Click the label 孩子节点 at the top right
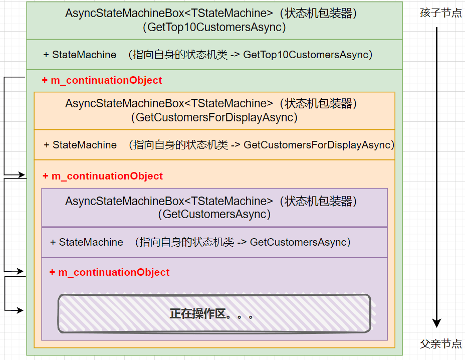click(x=441, y=13)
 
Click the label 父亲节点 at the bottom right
click(x=441, y=344)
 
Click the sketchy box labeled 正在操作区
click(x=214, y=314)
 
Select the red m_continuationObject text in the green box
click(x=106, y=80)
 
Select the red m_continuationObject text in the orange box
click(x=107, y=176)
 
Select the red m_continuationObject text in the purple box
click(x=114, y=272)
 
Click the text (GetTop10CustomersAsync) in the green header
click(x=214, y=28)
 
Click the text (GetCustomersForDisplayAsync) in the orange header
click(x=214, y=118)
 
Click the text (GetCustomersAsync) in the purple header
click(x=214, y=215)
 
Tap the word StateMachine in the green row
click(x=84, y=55)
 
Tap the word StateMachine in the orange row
click(x=85, y=145)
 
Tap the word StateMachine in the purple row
click(x=91, y=242)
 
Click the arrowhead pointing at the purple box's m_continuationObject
click(x=21, y=272)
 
